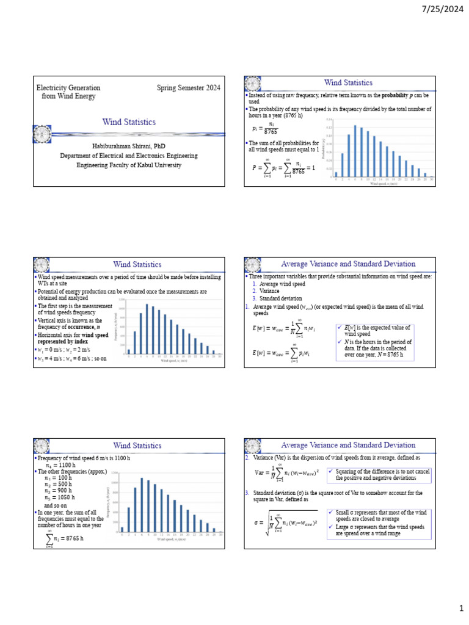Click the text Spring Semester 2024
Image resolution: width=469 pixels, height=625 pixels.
point(189,88)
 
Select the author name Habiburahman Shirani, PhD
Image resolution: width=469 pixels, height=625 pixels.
point(129,146)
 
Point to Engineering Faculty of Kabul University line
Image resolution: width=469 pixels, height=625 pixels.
point(129,165)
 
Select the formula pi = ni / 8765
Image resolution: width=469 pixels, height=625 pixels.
point(264,128)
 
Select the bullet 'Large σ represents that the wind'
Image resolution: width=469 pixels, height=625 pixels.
point(381,529)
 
